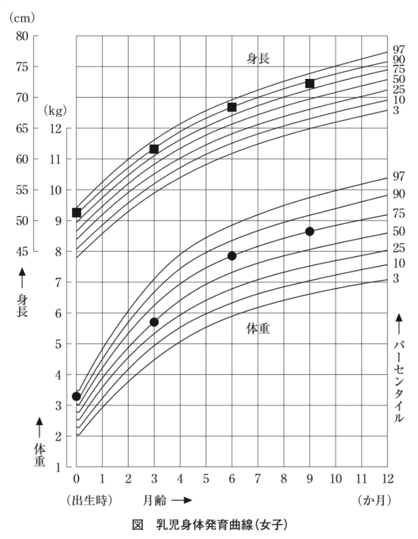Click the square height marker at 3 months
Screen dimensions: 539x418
pyautogui.click(x=154, y=149)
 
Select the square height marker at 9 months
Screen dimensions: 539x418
pyautogui.click(x=310, y=83)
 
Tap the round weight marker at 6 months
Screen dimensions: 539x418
pyautogui.click(x=232, y=256)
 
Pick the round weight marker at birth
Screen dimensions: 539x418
pyautogui.click(x=76, y=396)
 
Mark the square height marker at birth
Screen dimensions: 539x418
pyautogui.click(x=77, y=212)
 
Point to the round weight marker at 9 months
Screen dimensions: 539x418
pyautogui.click(x=310, y=231)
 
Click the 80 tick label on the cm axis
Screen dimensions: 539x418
pyautogui.click(x=22, y=36)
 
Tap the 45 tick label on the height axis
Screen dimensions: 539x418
pyautogui.click(x=22, y=252)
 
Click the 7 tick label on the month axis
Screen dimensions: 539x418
pyautogui.click(x=257, y=479)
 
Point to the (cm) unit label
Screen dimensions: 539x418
pyautogui.click(x=21, y=17)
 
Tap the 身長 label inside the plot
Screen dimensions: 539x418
pyautogui.click(x=258, y=59)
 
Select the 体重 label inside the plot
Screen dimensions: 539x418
pyautogui.click(x=258, y=329)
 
